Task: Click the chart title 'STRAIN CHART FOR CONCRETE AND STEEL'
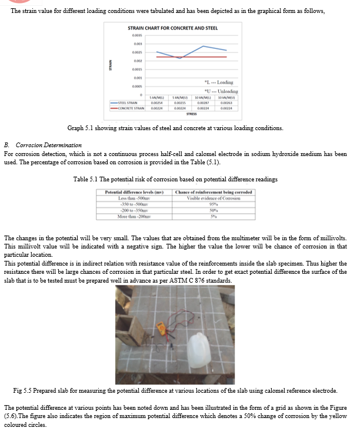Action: (172, 28)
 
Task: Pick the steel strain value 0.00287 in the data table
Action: (203, 102)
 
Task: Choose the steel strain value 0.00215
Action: (180, 102)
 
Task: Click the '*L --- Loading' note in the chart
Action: (218, 82)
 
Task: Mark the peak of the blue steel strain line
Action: (204, 46)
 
